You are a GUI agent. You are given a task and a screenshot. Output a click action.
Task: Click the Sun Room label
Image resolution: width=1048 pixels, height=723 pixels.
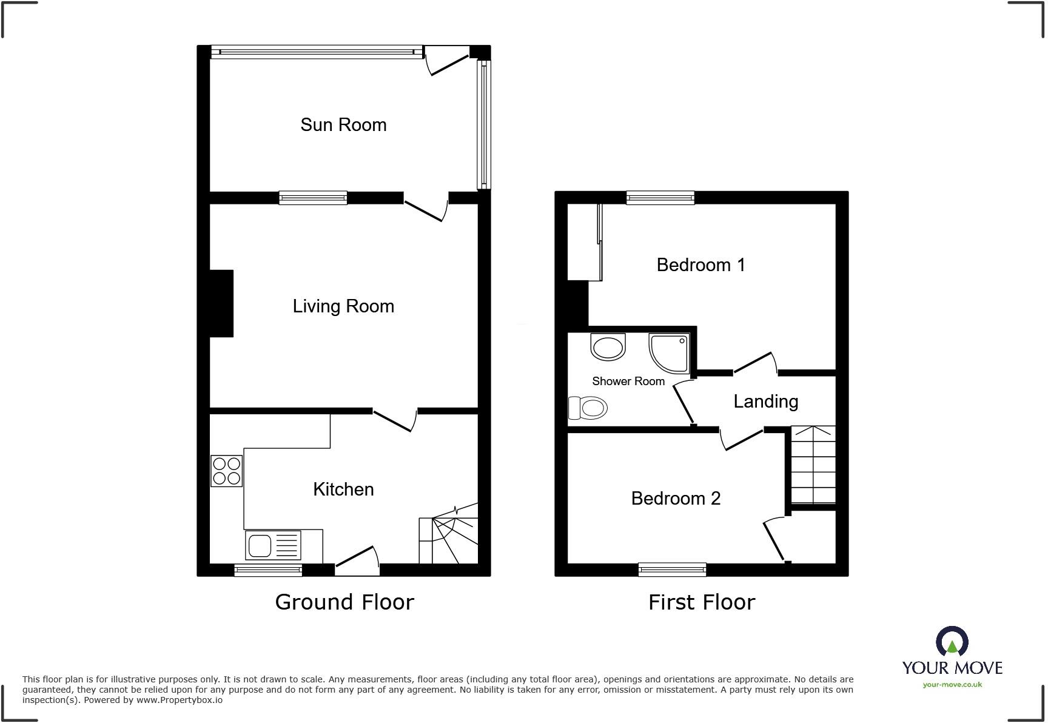tap(343, 125)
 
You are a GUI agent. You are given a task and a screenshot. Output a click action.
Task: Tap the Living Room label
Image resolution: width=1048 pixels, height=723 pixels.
tap(343, 306)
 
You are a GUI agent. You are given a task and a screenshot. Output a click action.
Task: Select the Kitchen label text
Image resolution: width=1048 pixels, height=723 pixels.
tap(343, 489)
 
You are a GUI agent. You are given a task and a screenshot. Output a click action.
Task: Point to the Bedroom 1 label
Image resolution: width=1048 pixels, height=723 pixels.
tap(700, 265)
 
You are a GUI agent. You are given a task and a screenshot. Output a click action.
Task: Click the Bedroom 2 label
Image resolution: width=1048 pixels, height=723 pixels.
tap(676, 499)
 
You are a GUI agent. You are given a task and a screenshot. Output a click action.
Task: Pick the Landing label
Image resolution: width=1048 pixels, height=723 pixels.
tap(765, 402)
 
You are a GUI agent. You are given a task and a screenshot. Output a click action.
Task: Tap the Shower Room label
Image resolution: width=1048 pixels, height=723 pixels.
tap(628, 382)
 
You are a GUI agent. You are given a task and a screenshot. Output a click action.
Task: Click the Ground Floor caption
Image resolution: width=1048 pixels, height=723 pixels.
tap(344, 602)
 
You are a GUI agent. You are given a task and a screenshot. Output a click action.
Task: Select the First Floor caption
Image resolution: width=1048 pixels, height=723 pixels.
tap(702, 602)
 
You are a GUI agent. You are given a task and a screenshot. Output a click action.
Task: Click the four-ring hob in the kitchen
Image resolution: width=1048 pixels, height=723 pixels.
tap(227, 471)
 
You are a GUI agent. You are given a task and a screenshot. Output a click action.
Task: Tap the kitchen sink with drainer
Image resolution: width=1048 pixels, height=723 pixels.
tap(273, 545)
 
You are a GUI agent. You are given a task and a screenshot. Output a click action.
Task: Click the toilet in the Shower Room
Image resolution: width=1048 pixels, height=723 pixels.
tap(588, 408)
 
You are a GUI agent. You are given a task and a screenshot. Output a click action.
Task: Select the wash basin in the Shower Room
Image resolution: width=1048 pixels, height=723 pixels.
tap(608, 348)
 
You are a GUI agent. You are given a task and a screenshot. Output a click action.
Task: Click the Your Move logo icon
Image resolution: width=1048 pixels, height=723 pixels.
tap(952, 642)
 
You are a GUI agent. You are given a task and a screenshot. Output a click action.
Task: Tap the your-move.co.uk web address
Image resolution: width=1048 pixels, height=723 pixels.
tap(952, 685)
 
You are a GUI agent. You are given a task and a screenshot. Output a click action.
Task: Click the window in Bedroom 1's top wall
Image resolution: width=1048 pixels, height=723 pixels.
tap(660, 197)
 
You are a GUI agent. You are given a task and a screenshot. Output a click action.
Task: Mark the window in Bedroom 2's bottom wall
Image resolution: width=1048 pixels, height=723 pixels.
tap(672, 570)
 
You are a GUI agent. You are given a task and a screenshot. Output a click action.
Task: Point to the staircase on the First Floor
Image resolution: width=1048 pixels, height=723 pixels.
tap(813, 466)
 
